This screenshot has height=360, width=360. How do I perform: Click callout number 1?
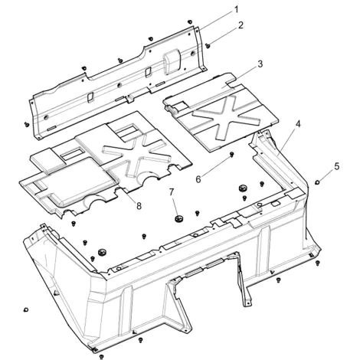[x=236, y=10]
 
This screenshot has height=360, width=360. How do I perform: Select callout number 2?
[x=241, y=25]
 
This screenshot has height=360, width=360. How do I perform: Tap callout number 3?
[x=260, y=64]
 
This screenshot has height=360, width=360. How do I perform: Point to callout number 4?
[x=298, y=124]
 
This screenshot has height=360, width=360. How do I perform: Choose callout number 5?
[x=337, y=166]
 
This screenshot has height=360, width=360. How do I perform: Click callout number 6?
[x=198, y=179]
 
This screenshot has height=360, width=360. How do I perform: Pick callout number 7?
[x=171, y=191]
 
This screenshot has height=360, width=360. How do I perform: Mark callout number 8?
[x=139, y=206]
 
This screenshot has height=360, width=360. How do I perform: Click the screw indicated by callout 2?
[x=208, y=46]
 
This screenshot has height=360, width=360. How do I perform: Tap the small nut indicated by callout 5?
[x=317, y=182]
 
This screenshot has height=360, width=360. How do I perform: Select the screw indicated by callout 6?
[x=232, y=154]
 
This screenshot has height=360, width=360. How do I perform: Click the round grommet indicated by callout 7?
[x=178, y=218]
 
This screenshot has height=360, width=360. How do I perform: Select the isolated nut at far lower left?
[x=25, y=310]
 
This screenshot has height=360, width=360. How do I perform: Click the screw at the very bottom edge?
[x=101, y=356]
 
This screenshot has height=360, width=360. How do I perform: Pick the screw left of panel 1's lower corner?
[x=27, y=124]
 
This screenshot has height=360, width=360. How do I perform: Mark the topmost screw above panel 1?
[x=189, y=21]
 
